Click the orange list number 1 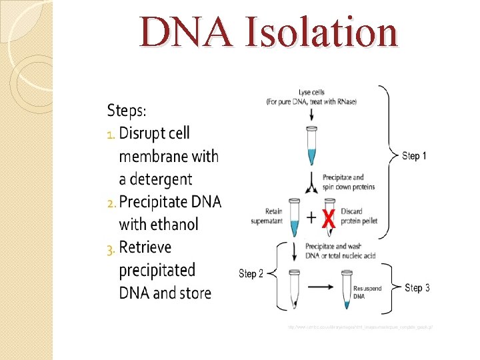111,134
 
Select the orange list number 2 111,202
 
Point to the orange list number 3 111,249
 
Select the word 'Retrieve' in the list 145,247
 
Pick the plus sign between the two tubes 311,218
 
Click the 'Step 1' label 415,156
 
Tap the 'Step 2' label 251,274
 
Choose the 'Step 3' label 417,288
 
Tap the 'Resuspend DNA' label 367,291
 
